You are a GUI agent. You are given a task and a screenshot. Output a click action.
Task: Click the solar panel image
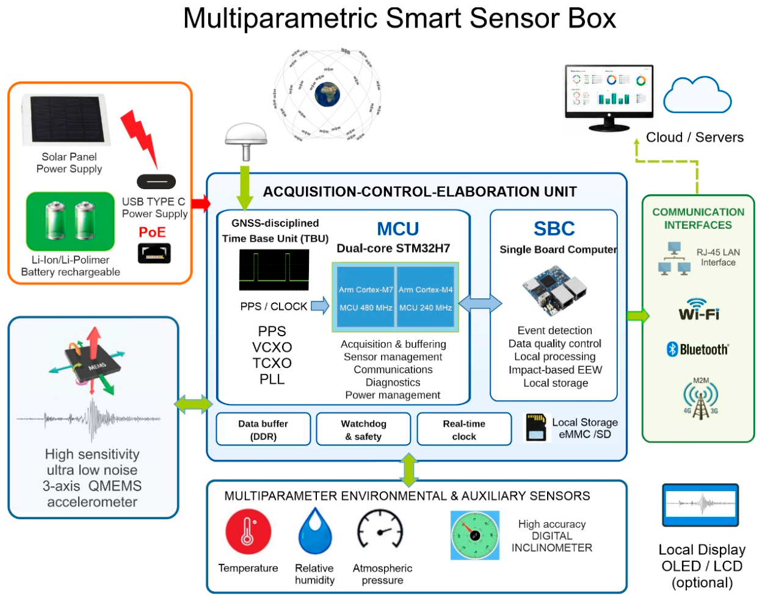66,120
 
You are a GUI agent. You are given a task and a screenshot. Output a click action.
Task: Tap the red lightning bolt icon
139,139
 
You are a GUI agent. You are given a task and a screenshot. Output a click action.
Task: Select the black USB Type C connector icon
156,182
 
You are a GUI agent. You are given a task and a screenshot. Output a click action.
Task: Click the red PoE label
152,232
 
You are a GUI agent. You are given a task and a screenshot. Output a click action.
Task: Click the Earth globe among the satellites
327,95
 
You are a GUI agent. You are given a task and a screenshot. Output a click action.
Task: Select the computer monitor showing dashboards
609,98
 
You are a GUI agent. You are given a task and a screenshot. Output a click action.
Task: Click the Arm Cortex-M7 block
365,297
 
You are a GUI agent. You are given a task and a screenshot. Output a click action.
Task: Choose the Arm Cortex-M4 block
425,297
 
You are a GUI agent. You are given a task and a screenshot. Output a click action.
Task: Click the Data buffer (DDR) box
263,429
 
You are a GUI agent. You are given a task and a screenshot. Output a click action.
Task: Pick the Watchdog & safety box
363,429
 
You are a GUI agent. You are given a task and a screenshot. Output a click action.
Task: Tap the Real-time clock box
464,429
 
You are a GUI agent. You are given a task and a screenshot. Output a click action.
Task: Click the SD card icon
536,427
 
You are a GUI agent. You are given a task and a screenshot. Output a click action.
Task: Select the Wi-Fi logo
699,309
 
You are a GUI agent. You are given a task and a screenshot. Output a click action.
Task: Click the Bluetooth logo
697,350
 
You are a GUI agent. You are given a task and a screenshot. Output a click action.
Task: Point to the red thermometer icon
249,531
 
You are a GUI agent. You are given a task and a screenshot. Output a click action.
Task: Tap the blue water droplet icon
315,531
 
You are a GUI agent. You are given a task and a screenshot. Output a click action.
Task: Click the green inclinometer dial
475,535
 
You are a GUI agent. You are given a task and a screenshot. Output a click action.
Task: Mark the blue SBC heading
554,229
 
